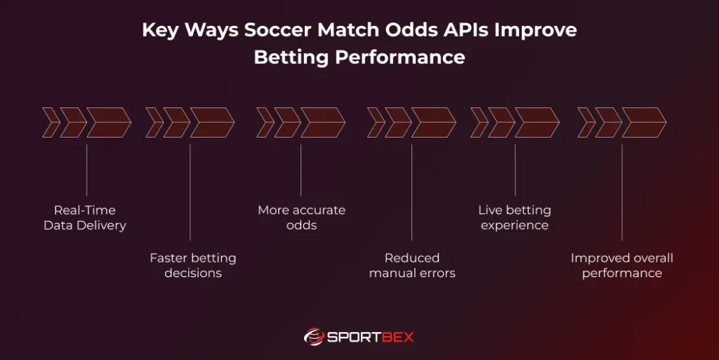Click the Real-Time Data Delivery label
click(x=85, y=218)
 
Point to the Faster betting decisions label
click(x=193, y=265)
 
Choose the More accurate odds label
click(x=301, y=218)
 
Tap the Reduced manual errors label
click(x=412, y=265)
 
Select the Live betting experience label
click(x=515, y=218)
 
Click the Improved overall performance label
click(x=621, y=265)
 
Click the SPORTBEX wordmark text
click(x=371, y=337)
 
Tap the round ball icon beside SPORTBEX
click(x=313, y=337)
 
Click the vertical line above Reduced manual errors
click(x=412, y=192)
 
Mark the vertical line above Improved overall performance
click(x=621, y=192)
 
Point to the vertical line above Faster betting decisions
click(x=190, y=192)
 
